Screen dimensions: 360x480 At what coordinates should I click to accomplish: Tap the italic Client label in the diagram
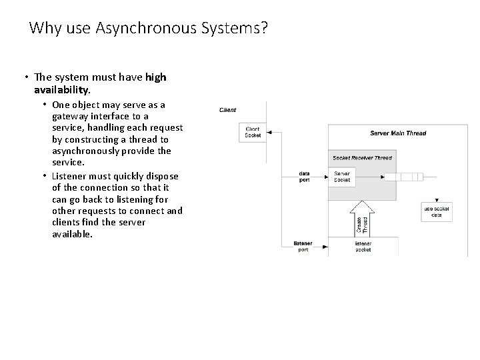point(227,110)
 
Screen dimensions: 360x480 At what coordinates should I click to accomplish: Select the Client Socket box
point(253,132)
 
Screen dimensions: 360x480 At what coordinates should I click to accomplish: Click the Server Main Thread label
point(398,133)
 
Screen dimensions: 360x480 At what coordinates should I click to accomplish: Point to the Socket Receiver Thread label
point(363,158)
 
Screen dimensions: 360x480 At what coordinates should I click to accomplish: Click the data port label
point(304,177)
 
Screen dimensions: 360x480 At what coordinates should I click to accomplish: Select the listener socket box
point(363,247)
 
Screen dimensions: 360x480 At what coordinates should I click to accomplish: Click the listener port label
point(303,247)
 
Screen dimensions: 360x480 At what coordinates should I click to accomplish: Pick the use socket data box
point(437,211)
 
